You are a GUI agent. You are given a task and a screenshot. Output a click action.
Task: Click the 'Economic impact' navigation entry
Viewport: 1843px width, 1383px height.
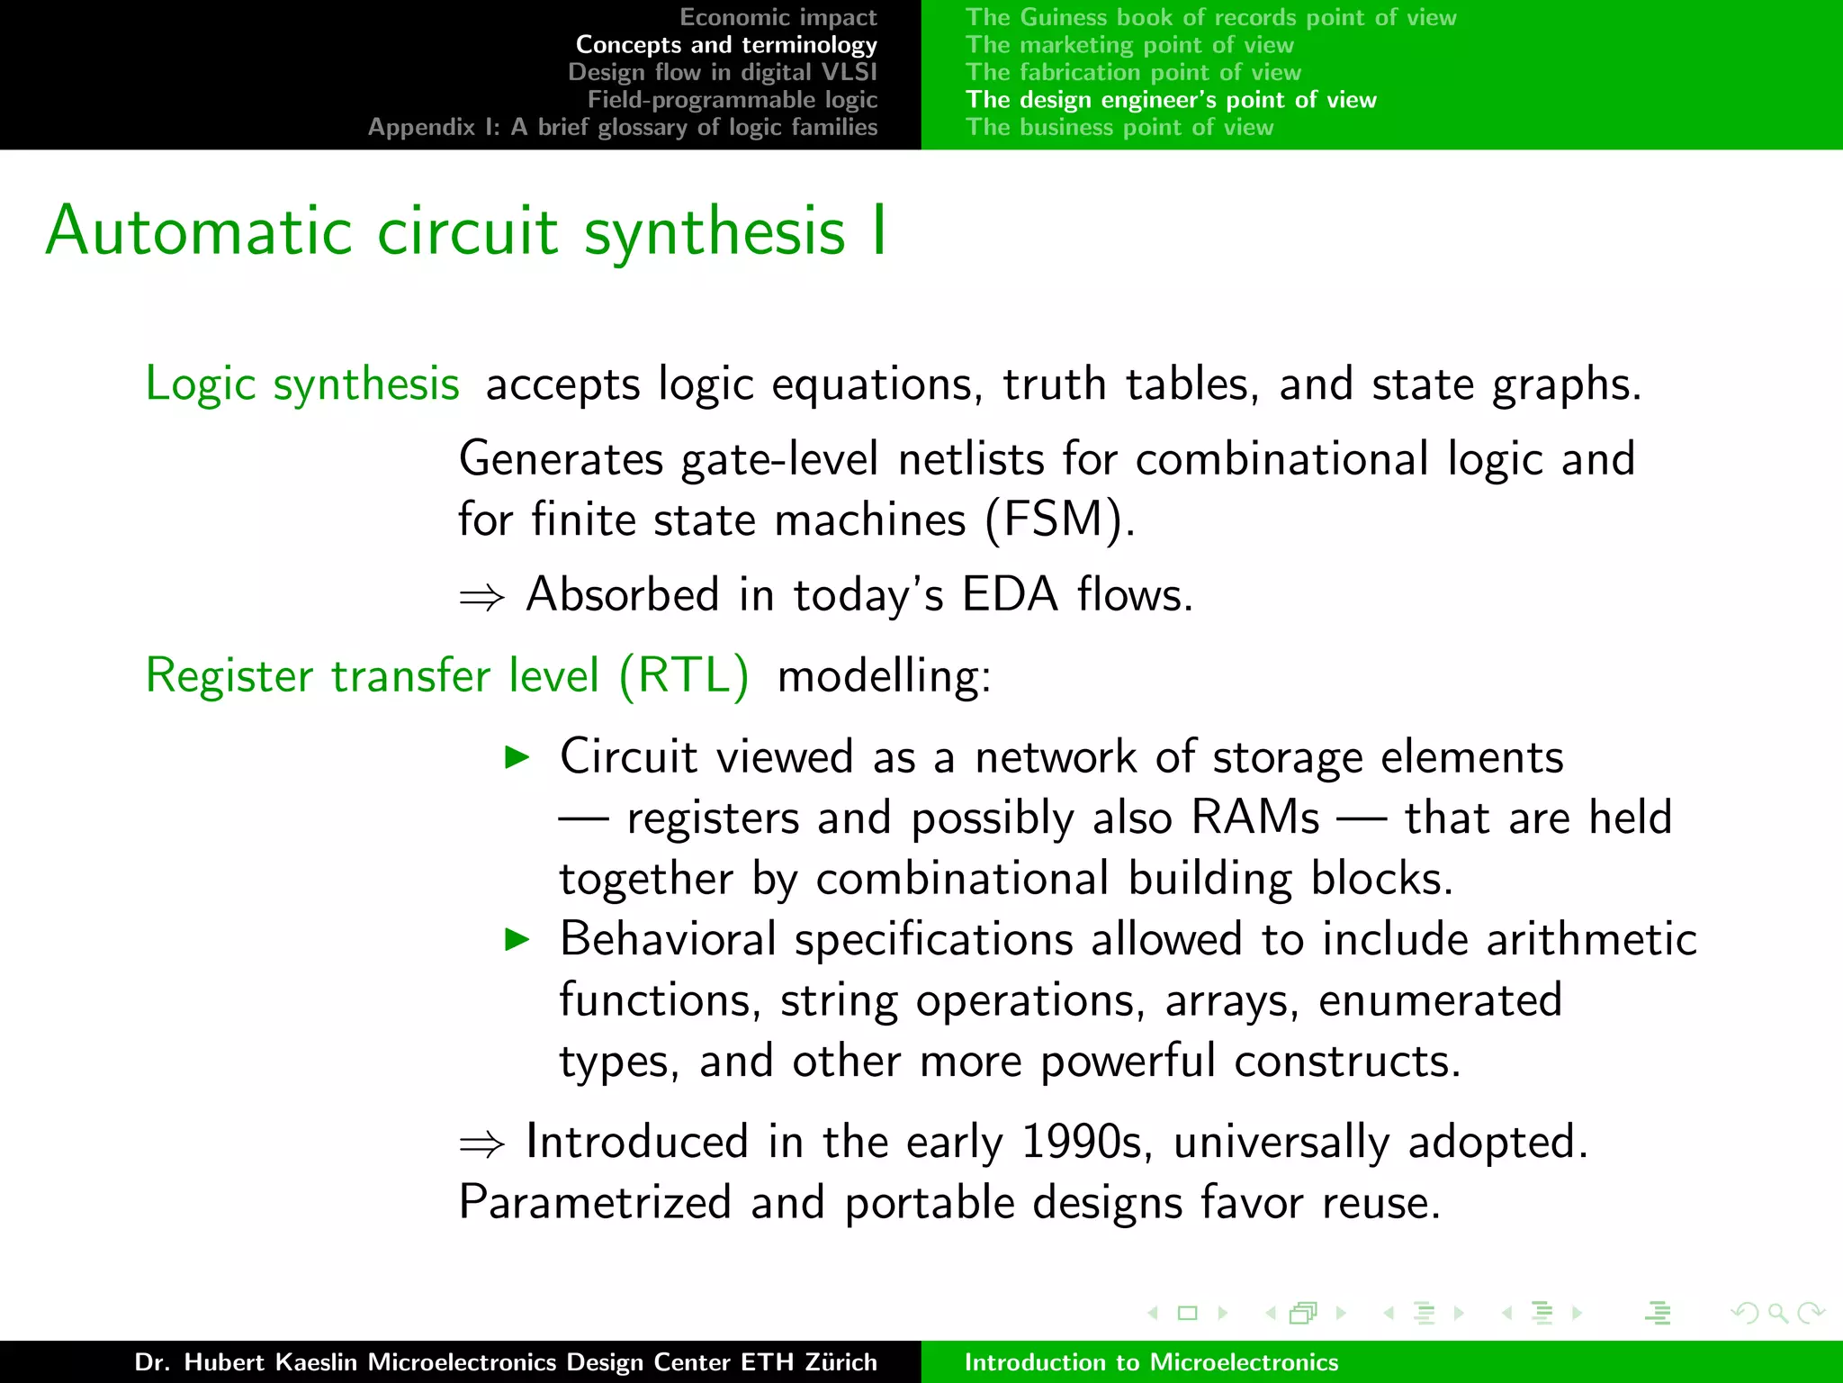click(778, 17)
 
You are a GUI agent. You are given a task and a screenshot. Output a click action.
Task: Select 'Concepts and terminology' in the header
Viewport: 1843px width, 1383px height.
click(726, 44)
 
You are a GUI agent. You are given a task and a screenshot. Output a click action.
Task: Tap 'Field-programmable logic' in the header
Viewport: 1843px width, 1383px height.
click(733, 99)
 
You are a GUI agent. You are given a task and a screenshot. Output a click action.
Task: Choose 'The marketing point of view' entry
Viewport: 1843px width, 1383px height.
click(1129, 44)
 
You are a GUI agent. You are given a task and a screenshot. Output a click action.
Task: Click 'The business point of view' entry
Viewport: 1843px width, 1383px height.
click(1119, 127)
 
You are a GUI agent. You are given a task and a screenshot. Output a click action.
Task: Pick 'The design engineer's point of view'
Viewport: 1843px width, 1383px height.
click(1171, 99)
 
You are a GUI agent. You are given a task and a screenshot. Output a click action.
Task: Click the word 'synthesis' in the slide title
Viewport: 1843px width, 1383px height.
click(715, 232)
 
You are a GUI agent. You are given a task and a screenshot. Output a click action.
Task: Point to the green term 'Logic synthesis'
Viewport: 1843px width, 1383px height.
click(302, 384)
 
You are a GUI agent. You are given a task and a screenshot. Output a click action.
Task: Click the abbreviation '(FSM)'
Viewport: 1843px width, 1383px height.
click(1058, 520)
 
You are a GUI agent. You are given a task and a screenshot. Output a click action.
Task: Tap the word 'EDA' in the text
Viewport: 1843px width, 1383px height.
click(1009, 595)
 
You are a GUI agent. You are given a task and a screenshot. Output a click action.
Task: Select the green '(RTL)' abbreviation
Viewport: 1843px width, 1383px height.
click(684, 675)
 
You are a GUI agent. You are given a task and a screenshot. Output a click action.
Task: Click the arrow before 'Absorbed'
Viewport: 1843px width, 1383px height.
click(481, 597)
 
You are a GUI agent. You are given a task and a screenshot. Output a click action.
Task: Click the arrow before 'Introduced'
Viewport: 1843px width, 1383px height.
click(481, 1144)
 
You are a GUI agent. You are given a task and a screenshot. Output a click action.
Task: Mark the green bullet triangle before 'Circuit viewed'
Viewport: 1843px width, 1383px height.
click(517, 757)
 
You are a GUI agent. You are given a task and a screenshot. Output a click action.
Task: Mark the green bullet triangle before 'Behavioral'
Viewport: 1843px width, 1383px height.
click(517, 940)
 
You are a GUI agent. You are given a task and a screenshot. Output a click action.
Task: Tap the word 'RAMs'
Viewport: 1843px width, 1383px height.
click(1255, 818)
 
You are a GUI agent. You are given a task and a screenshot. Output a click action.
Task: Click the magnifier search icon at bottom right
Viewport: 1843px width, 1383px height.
click(1776, 1313)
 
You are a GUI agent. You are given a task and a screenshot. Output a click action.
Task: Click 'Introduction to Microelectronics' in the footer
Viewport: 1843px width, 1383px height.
click(1151, 1361)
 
